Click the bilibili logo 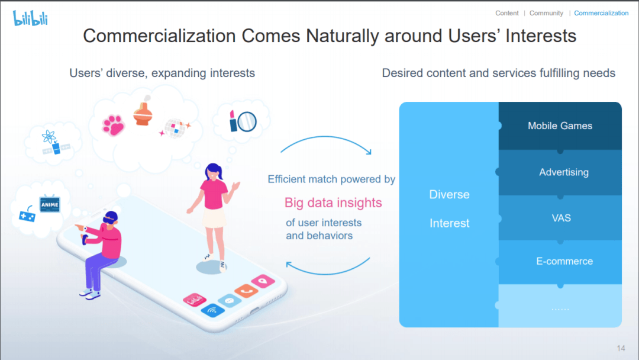(30, 18)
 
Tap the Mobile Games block (560, 126)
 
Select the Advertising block (560, 172)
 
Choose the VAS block (560, 218)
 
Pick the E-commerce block (560, 261)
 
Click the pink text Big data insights (333, 202)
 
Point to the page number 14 (621, 348)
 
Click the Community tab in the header (546, 13)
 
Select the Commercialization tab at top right (601, 13)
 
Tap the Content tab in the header (507, 13)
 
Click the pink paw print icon (113, 125)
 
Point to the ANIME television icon (50, 204)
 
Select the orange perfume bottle (143, 112)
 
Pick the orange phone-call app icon (246, 290)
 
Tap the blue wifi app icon (212, 311)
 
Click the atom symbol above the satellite (49, 137)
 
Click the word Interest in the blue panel (450, 223)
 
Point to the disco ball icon (175, 128)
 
